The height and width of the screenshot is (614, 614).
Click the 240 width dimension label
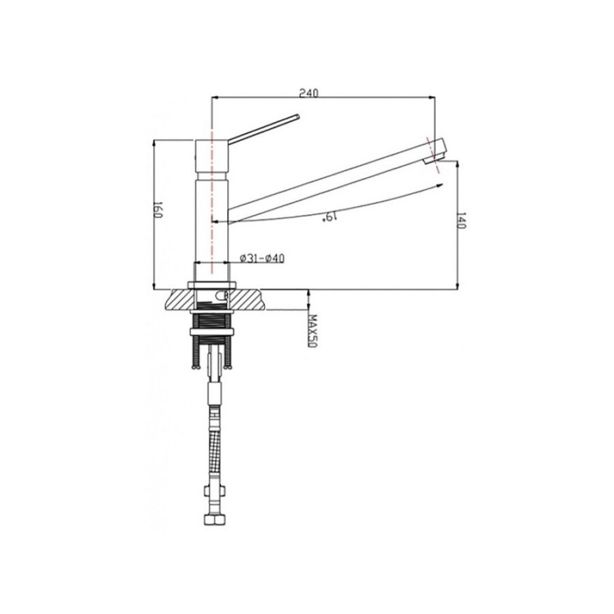(309, 93)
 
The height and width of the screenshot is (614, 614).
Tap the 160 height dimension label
(158, 210)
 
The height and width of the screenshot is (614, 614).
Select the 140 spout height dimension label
(461, 221)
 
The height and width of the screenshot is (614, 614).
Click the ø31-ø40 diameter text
(262, 259)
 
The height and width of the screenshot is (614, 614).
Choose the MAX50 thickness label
(312, 331)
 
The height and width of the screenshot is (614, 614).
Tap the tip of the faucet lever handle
(298, 116)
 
